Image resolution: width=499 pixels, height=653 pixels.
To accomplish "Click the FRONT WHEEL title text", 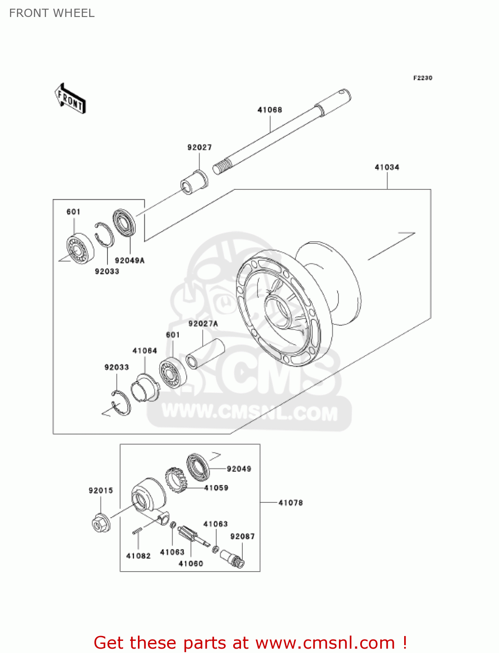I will (x=52, y=13).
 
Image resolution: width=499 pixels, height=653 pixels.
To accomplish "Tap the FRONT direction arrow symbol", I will (x=70, y=99).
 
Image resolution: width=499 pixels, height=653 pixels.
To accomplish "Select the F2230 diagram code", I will (x=422, y=78).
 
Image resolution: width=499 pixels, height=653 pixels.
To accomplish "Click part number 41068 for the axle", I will (x=270, y=110).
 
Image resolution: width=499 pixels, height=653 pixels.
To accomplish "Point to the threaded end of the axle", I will (x=222, y=167).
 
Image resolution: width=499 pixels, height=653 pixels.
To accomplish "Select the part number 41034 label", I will (x=387, y=167).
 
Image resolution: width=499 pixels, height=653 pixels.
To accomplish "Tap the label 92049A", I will (x=130, y=260).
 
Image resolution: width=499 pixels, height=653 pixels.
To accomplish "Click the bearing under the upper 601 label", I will (x=80, y=249).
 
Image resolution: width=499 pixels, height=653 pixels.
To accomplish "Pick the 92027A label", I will (x=203, y=324).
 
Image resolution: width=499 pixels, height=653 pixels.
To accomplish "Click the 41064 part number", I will (x=144, y=351).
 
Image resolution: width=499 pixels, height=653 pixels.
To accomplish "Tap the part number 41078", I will (x=291, y=503).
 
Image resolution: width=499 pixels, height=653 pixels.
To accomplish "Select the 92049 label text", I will (x=239, y=469).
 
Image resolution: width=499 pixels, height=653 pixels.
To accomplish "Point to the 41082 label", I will (x=138, y=556).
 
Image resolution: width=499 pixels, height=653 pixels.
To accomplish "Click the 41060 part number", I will (x=191, y=564).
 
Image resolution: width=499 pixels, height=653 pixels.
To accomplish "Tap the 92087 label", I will (x=242, y=537).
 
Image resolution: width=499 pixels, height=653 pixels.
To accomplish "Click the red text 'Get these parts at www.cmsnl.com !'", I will (x=250, y=643).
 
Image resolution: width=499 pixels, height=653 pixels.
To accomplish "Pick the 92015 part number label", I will (x=100, y=491).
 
